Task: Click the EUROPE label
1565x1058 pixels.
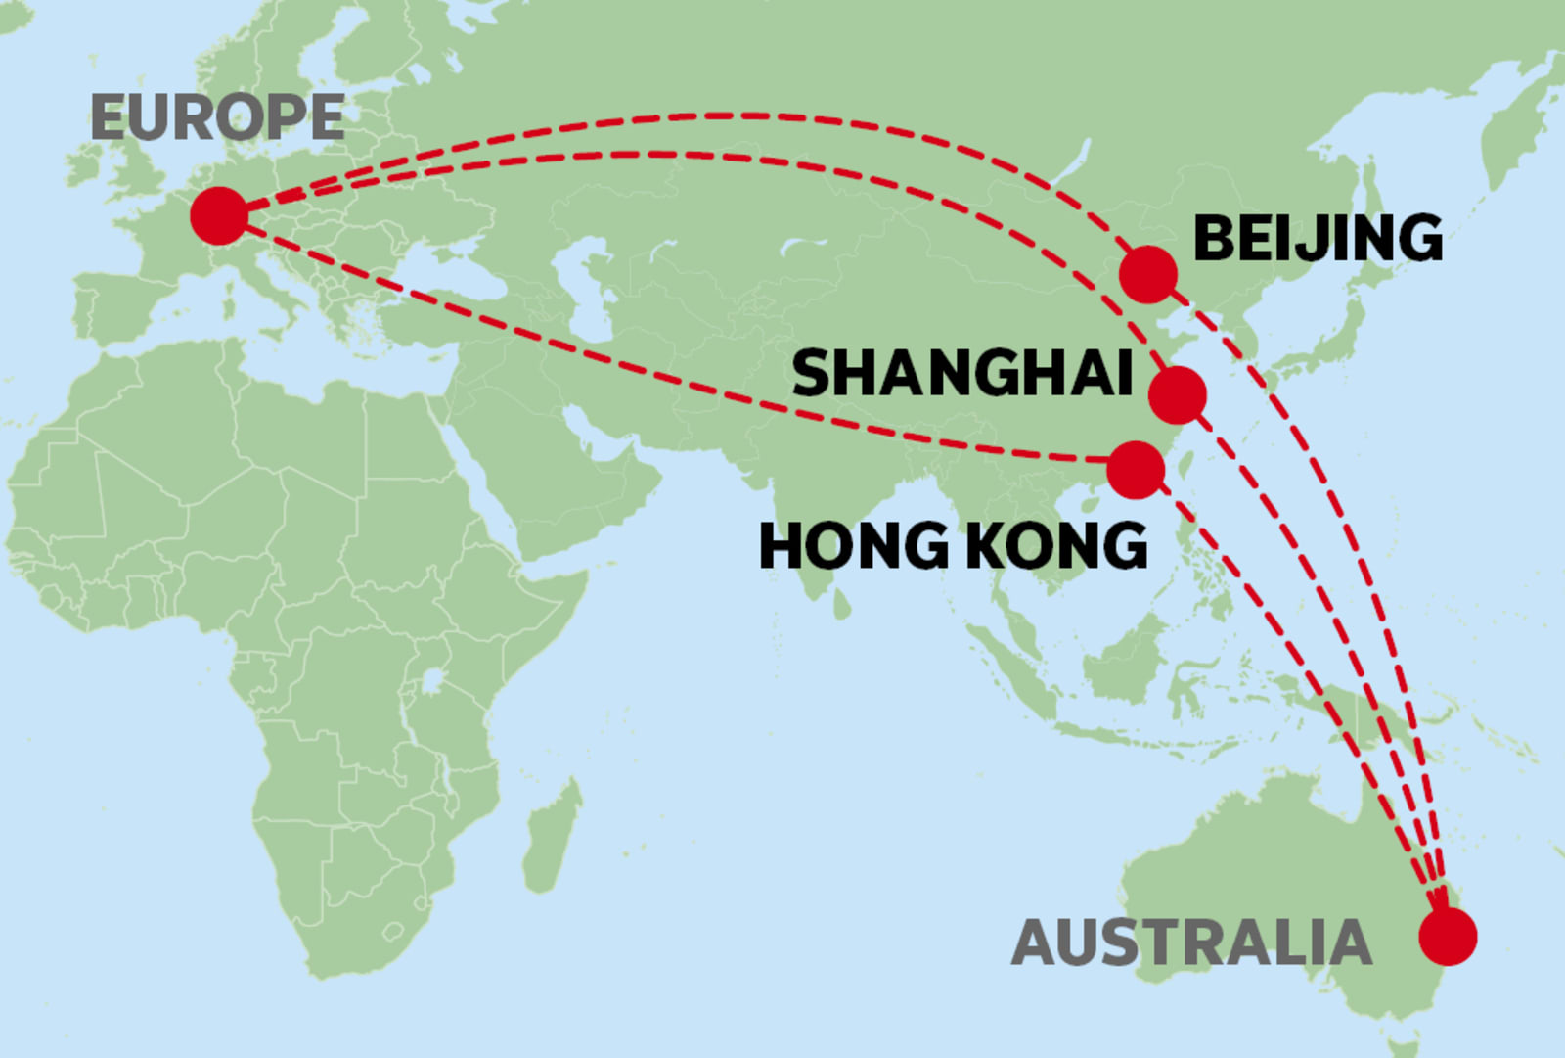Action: [x=217, y=117]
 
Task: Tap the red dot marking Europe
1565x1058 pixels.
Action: [x=218, y=215]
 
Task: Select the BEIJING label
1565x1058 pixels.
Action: [x=1318, y=238]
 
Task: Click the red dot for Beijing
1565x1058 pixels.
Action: [x=1148, y=274]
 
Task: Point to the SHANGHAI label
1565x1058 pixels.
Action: [x=962, y=373]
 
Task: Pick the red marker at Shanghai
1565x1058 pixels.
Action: [x=1178, y=394]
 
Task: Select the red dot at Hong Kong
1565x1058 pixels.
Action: [x=1136, y=470]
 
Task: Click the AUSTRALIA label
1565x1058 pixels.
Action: [x=1191, y=943]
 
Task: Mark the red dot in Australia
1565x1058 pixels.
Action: [x=1448, y=937]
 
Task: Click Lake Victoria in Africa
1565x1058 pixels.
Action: [x=430, y=679]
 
